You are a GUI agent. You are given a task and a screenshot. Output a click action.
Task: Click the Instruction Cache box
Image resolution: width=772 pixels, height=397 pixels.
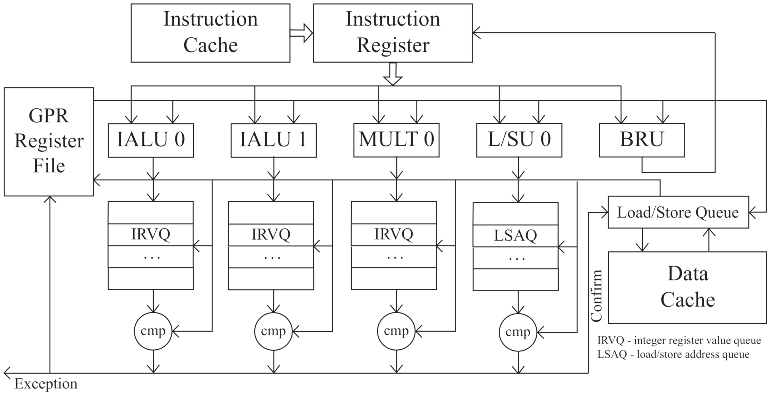click(210, 33)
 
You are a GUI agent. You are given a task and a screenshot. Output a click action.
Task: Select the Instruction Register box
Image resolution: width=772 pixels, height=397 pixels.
click(392, 33)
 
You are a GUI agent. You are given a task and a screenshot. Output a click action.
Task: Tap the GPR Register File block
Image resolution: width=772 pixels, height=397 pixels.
click(49, 142)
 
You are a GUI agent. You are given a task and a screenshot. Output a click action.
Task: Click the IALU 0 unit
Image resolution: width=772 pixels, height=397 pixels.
click(151, 140)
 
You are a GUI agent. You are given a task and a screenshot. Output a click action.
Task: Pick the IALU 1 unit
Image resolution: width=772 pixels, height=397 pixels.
click(273, 140)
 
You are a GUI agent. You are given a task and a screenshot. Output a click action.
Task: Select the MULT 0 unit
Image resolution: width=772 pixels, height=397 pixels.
click(396, 140)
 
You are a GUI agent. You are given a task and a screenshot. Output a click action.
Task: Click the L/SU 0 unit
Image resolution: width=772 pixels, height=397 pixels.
click(519, 140)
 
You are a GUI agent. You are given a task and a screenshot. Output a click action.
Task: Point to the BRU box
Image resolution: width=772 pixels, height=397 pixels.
click(642, 140)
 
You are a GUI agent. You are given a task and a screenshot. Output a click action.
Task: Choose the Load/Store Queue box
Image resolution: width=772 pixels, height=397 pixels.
click(678, 212)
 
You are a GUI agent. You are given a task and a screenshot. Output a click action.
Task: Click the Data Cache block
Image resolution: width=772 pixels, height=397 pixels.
click(687, 287)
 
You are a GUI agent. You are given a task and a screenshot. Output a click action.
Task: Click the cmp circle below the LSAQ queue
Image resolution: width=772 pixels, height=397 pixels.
click(518, 332)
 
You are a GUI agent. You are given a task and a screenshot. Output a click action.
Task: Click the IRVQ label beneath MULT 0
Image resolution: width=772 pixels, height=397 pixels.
click(394, 234)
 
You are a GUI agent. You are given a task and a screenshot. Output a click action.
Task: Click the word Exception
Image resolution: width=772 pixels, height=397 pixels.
click(46, 384)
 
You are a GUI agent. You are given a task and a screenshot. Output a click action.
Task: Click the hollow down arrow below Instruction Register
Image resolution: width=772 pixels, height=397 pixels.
click(393, 73)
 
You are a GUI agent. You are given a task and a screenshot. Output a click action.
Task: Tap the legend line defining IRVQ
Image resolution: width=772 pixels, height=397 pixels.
click(679, 341)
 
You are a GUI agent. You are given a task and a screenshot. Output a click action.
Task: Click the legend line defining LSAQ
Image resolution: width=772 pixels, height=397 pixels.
click(673, 354)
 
